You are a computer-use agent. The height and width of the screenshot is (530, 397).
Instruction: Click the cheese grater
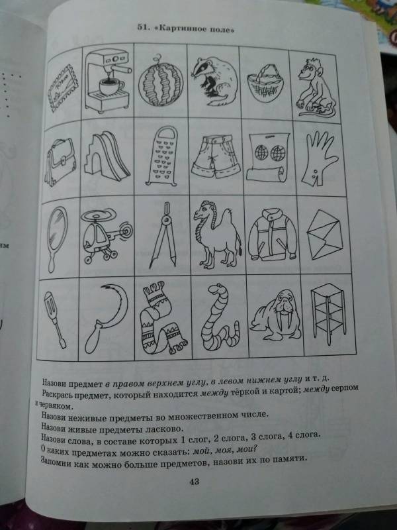[161, 156]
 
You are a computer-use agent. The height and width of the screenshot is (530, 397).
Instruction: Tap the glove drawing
[318, 157]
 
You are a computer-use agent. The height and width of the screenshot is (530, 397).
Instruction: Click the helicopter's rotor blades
[99, 215]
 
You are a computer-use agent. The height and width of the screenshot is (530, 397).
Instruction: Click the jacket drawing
[272, 235]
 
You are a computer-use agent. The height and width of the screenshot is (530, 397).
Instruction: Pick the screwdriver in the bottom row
[54, 319]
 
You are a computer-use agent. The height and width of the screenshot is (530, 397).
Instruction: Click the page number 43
[195, 482]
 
